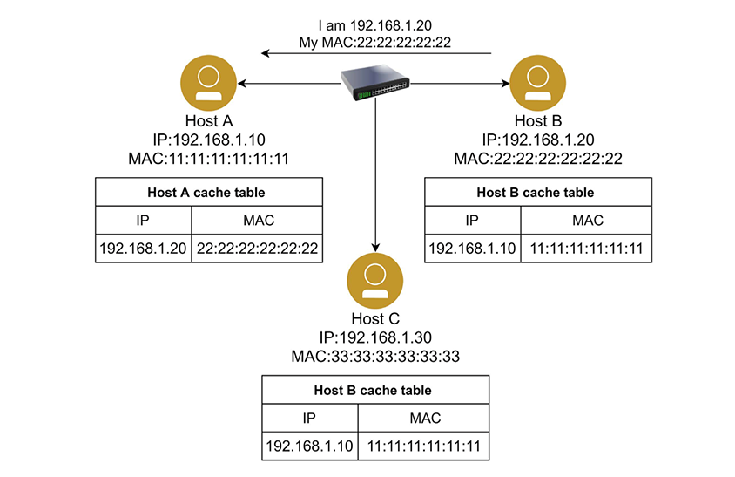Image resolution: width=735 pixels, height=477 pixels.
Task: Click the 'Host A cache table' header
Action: pyautogui.click(x=208, y=192)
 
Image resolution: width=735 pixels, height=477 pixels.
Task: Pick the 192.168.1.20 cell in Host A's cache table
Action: pyautogui.click(x=144, y=249)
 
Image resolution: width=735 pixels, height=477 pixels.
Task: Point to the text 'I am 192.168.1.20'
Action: pyautogui.click(x=375, y=24)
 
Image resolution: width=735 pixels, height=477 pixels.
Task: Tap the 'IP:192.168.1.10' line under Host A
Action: pyautogui.click(x=208, y=140)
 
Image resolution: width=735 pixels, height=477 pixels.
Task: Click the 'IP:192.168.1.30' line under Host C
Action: pyautogui.click(x=374, y=337)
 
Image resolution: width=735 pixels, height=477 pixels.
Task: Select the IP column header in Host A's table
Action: pyautogui.click(x=144, y=220)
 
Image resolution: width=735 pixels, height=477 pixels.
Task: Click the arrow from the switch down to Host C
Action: pyautogui.click(x=374, y=174)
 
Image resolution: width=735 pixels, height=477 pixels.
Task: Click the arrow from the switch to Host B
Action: pyautogui.click(x=462, y=84)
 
